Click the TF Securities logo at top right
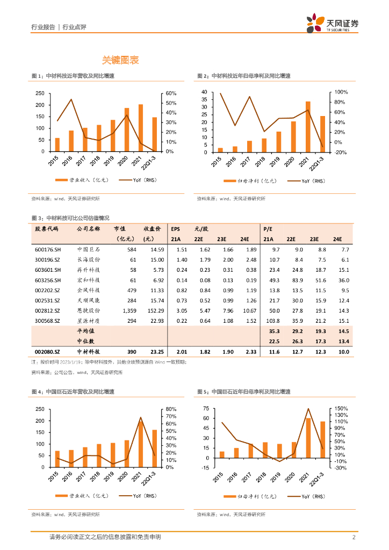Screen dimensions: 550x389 coord(332,24)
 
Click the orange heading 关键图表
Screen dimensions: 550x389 coord(121,60)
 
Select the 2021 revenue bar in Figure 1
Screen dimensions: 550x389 coord(141,128)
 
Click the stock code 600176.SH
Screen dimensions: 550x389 coord(48,250)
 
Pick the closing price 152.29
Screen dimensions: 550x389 coord(154,310)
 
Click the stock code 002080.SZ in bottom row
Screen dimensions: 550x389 coord(48,351)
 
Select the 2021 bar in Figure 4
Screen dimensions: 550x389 coord(141,444)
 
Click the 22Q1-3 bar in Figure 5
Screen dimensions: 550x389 coord(322,439)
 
